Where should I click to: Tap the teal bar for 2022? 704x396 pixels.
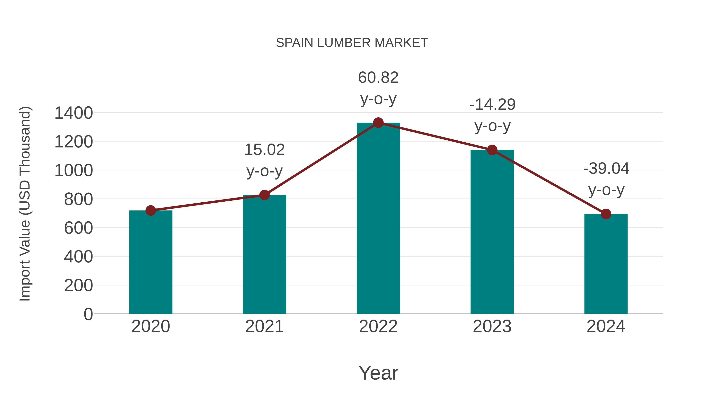click(378, 219)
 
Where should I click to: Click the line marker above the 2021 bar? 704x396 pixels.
click(264, 195)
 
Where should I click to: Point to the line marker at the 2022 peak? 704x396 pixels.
click(378, 123)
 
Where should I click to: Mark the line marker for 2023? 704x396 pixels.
click(492, 150)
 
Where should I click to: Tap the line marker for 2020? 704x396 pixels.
click(151, 210)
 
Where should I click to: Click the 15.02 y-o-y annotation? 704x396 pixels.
click(264, 150)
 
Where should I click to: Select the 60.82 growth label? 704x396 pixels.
click(378, 78)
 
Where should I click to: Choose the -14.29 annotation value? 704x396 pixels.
click(492, 105)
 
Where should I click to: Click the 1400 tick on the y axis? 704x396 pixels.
click(74, 113)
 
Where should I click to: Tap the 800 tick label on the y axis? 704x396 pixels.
click(78, 199)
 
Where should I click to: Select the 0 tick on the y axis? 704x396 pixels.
click(88, 314)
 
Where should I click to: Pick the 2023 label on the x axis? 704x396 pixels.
click(492, 327)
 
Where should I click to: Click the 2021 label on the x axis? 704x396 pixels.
click(264, 327)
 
